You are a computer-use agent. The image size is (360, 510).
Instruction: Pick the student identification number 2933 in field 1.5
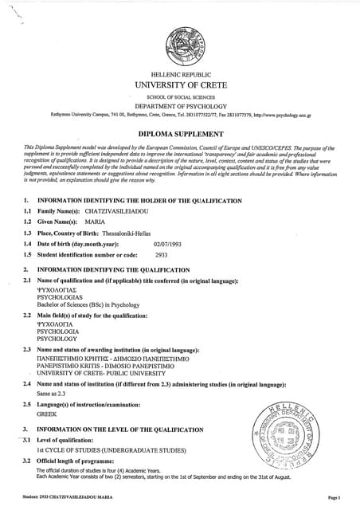coord(160,254)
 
